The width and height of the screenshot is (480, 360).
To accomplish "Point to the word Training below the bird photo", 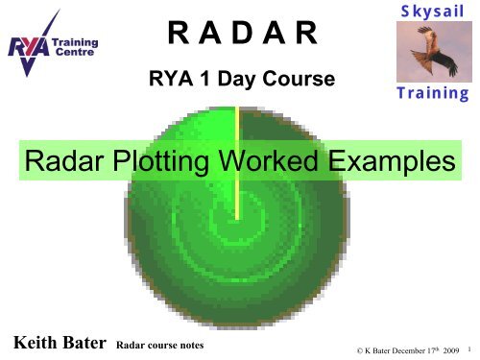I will pos(429,94).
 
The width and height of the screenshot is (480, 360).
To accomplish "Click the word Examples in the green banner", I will pos(388,163).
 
